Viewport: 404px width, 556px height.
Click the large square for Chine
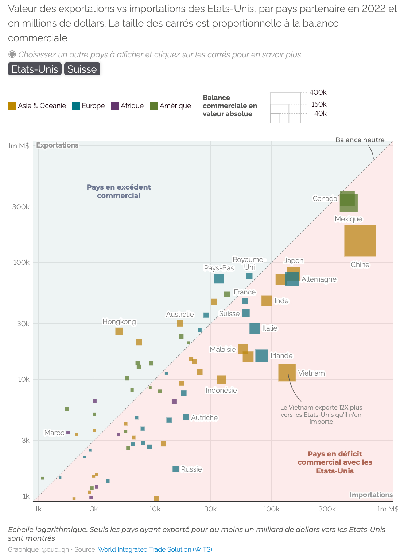point(360,241)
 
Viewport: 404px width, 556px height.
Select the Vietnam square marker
point(287,373)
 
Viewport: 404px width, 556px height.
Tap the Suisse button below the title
point(82,69)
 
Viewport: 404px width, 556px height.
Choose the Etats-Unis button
point(35,69)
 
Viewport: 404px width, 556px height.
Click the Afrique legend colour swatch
point(115,106)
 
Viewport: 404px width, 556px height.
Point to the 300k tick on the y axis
point(21,207)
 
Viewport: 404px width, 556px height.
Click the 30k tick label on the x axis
point(210,509)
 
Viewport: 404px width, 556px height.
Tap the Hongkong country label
point(119,322)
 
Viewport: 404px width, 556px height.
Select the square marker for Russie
point(176,469)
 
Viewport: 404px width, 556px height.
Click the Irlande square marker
point(261,355)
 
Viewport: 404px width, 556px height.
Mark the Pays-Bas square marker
point(219,279)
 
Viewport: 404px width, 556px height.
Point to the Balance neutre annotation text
point(360,140)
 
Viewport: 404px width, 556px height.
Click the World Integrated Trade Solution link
point(155,549)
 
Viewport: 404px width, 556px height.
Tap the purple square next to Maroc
point(68,433)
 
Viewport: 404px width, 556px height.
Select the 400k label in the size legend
point(318,92)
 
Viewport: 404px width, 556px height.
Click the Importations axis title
point(371,495)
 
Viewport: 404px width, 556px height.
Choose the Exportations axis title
point(57,145)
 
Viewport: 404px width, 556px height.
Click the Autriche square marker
point(186,418)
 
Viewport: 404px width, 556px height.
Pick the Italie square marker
point(255,328)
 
